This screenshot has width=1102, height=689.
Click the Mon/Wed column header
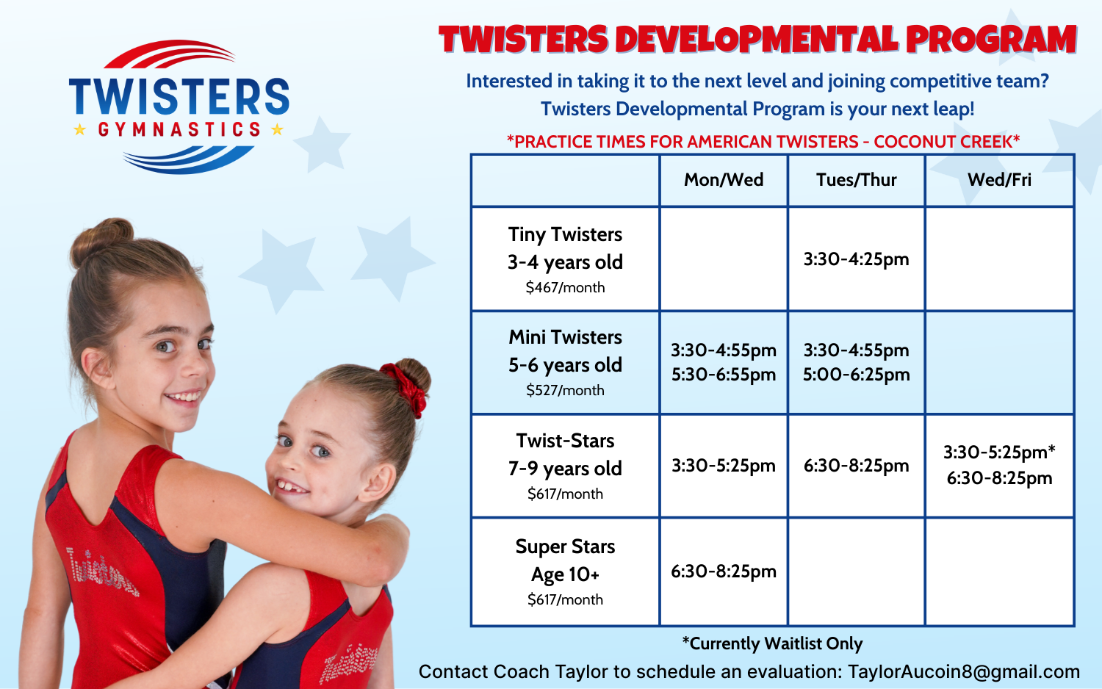(x=724, y=180)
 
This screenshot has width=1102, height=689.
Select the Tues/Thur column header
(x=856, y=180)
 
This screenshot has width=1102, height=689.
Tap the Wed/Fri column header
(x=999, y=180)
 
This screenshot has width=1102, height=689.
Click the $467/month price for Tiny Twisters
(x=565, y=288)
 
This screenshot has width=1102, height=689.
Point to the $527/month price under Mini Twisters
(x=565, y=391)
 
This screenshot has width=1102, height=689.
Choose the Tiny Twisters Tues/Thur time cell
(x=856, y=259)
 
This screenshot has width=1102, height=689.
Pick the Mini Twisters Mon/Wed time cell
(x=724, y=362)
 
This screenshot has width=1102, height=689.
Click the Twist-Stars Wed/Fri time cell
(x=999, y=465)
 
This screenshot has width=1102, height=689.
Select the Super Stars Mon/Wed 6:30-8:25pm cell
(x=724, y=571)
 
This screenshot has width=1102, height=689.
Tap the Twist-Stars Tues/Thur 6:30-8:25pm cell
(x=856, y=466)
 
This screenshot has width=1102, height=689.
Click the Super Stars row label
(x=565, y=547)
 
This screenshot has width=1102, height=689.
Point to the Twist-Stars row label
(x=565, y=441)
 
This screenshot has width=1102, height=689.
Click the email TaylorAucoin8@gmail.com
(x=963, y=672)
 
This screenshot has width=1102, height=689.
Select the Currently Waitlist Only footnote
(x=772, y=644)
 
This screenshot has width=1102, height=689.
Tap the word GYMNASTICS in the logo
(x=180, y=130)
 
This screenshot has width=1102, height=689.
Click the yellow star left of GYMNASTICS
(x=80, y=130)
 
